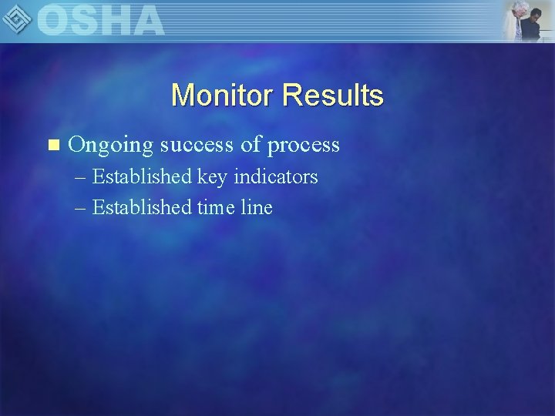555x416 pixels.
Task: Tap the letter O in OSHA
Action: point(54,20)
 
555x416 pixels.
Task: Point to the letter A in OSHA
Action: point(146,20)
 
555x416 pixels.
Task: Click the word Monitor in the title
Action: point(223,96)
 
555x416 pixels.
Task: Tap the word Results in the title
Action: point(333,96)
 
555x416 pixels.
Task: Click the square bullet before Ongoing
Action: point(53,145)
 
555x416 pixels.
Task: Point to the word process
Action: point(304,145)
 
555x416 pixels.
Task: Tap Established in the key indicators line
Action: point(142,177)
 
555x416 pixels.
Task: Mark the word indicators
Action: point(276,177)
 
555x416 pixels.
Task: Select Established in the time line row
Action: point(142,207)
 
